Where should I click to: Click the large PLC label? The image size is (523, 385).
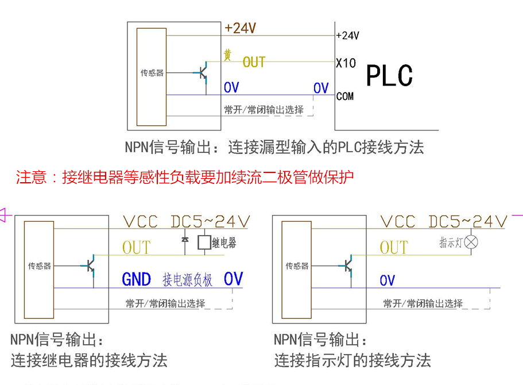(x=389, y=75)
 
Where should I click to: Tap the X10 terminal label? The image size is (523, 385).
(x=346, y=63)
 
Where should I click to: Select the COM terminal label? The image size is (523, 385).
(x=345, y=97)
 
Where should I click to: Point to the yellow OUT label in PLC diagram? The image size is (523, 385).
(x=254, y=62)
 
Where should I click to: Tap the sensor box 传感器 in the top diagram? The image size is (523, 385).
(x=152, y=73)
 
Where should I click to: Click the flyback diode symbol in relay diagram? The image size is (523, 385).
(x=184, y=241)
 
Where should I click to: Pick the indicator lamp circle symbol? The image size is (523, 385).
(x=471, y=242)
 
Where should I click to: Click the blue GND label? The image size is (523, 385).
(x=137, y=280)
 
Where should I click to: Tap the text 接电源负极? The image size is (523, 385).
(x=188, y=280)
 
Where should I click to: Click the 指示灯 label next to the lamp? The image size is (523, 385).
(x=450, y=242)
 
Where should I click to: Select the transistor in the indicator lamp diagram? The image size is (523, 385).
(x=347, y=265)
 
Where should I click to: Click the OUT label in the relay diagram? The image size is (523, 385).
(x=136, y=248)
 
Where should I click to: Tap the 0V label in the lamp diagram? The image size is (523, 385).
(x=388, y=280)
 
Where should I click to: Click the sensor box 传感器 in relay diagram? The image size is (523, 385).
(x=39, y=266)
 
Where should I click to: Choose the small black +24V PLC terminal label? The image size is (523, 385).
(x=347, y=36)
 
